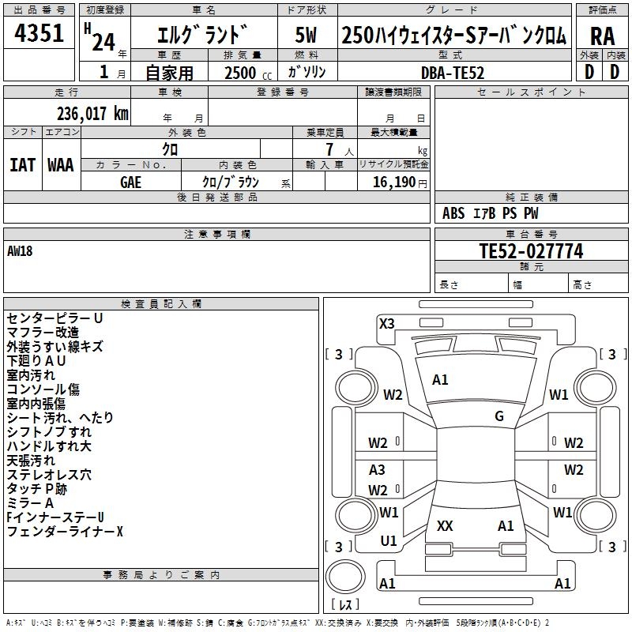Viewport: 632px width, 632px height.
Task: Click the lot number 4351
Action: [x=39, y=32]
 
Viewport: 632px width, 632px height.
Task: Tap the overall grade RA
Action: [x=602, y=36]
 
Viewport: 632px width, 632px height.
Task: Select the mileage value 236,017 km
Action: [x=92, y=114]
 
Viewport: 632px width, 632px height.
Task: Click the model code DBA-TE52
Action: [x=452, y=73]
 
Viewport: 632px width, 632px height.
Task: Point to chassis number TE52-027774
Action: [x=531, y=250]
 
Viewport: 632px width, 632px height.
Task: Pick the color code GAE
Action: [x=130, y=182]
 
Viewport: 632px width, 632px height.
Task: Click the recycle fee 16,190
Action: [x=393, y=182]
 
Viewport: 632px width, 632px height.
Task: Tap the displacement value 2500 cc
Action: [x=248, y=73]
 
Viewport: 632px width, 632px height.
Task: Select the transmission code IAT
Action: [x=23, y=165]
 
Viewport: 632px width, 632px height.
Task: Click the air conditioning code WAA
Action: [x=61, y=165]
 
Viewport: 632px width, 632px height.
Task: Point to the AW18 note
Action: [x=20, y=251]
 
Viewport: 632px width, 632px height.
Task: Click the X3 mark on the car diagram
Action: [x=386, y=323]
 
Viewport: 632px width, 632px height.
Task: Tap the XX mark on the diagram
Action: [x=445, y=525]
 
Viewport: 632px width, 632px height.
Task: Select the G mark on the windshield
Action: [x=499, y=416]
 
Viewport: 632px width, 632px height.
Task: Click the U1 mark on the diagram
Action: [x=389, y=541]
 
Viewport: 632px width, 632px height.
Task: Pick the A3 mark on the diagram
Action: [x=377, y=469]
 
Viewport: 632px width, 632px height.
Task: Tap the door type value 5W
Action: [x=307, y=35]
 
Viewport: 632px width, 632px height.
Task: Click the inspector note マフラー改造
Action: [x=43, y=333]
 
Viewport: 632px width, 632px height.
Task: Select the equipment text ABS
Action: [x=453, y=213]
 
